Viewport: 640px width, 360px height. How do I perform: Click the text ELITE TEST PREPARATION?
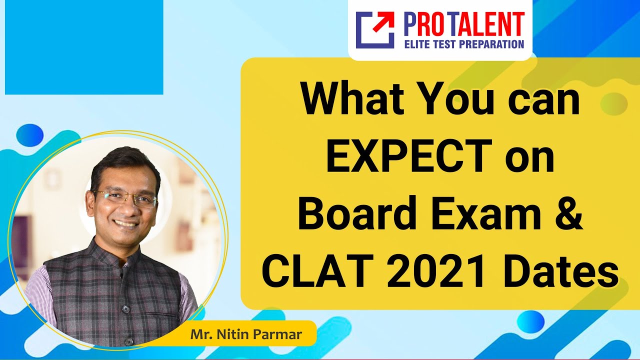[x=463, y=44]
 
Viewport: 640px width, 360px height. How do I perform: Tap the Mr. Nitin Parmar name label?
[x=246, y=334]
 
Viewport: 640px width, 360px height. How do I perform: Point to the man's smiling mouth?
[x=125, y=223]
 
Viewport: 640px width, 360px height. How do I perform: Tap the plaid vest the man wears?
[x=115, y=295]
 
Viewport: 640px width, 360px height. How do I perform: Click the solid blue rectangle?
[x=84, y=47]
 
